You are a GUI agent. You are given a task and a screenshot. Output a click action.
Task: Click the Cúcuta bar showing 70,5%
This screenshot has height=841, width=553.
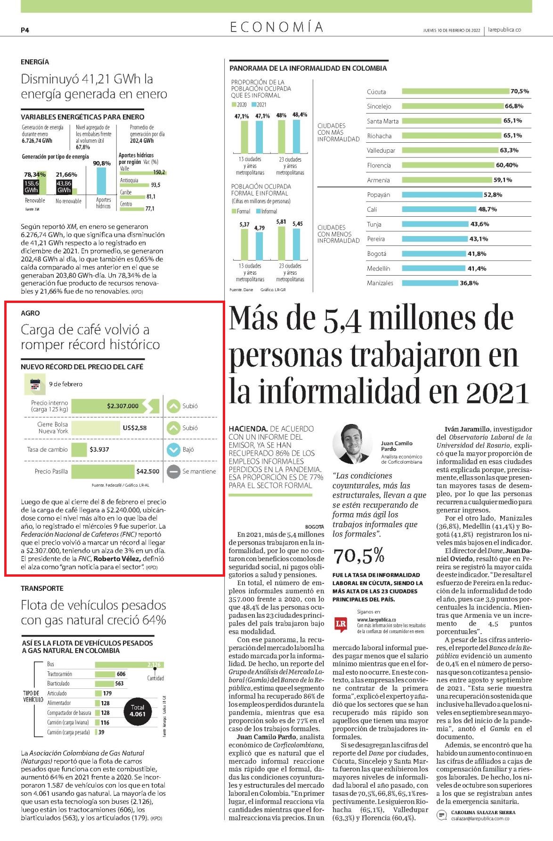[456, 91]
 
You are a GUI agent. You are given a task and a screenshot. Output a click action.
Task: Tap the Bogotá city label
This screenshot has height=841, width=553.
[376, 253]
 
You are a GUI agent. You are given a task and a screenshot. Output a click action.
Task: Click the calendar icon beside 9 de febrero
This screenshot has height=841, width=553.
[34, 384]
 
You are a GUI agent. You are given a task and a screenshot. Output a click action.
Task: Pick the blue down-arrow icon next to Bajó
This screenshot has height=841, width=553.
[174, 449]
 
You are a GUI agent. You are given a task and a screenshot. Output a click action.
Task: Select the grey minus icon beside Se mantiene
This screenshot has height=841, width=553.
[174, 471]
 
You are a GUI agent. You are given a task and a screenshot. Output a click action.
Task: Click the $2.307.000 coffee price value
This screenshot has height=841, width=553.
[123, 406]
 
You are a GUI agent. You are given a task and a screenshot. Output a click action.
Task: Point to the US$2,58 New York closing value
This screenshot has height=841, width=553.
[135, 428]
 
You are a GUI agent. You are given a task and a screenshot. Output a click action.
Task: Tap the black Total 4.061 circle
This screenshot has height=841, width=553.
[138, 710]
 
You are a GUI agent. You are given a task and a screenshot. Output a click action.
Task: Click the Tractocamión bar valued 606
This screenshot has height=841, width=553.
[105, 674]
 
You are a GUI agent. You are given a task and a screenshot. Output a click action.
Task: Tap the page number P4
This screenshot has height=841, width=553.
[25, 30]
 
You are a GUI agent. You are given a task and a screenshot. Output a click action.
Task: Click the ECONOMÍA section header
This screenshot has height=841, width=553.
[277, 27]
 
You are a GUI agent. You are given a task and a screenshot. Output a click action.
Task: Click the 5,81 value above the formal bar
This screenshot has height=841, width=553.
[281, 221]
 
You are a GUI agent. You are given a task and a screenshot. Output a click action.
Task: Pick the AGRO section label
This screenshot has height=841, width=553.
[30, 313]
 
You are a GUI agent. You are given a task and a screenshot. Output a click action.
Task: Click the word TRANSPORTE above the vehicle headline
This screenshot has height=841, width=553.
[42, 588]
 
